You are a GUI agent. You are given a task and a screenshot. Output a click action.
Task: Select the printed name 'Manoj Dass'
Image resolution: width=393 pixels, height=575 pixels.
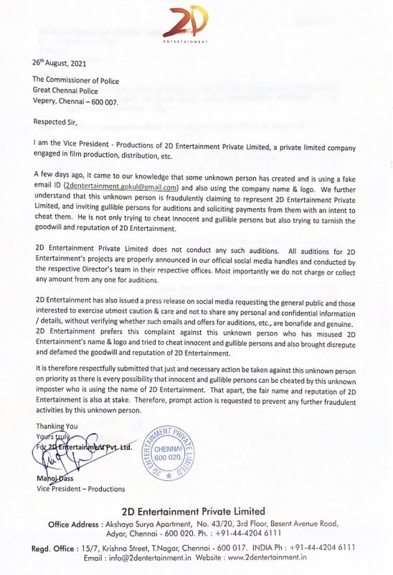coord(57,478)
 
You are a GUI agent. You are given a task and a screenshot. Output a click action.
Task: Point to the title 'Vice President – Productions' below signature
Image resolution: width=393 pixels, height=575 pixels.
coord(80,489)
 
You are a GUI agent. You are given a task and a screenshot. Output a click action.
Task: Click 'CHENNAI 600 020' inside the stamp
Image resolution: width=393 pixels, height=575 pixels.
coord(170,453)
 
